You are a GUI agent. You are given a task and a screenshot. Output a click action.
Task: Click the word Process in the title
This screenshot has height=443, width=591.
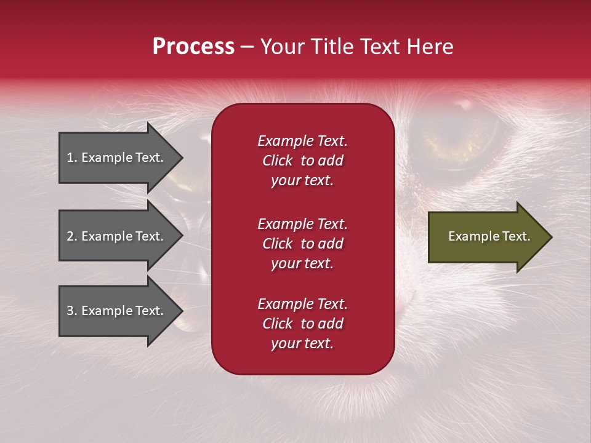[193, 47]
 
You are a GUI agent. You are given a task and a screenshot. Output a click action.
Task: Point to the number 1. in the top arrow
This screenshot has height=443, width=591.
[72, 158]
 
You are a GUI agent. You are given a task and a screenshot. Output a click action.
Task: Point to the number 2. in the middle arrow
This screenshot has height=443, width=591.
[72, 236]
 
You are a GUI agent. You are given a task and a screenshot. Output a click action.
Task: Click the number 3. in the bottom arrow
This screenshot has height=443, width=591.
[72, 311]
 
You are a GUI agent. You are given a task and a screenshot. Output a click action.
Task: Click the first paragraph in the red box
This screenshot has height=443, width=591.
[302, 161]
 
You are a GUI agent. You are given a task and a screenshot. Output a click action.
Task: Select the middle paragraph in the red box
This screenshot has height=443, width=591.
[302, 244]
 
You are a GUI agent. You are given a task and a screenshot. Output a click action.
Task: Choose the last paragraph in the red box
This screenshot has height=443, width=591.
[302, 324]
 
